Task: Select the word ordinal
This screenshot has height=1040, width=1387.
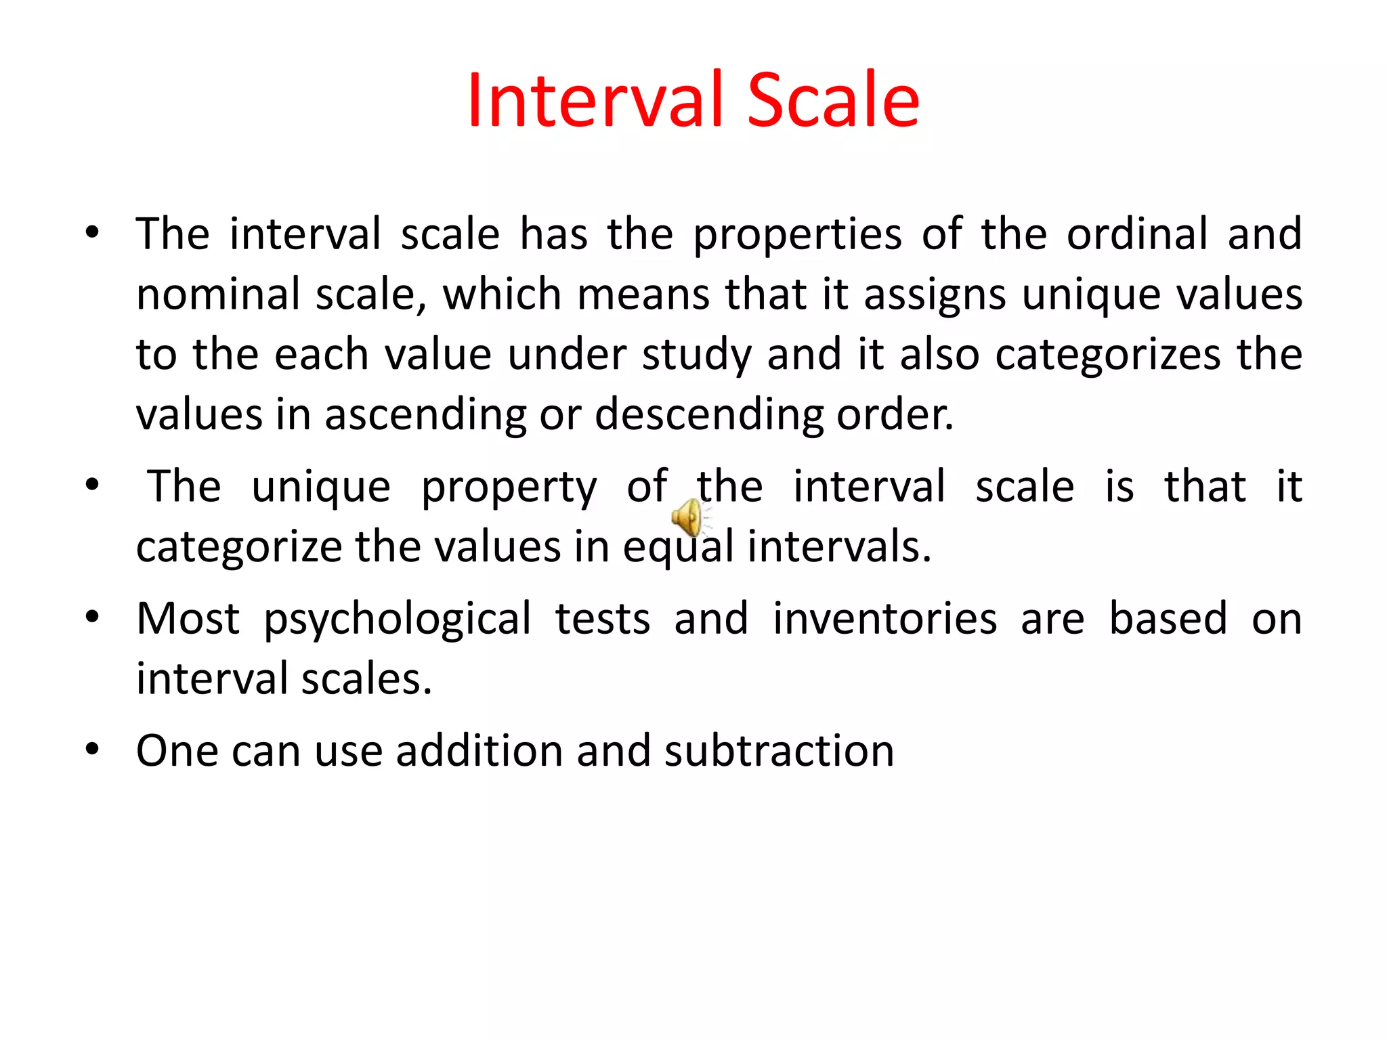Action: pos(1137,234)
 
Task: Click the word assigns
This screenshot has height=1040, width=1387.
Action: pos(935,295)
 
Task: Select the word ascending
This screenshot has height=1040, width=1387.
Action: pos(425,414)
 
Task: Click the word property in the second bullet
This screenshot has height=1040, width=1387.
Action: pos(509,487)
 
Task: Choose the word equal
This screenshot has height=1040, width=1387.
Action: pos(678,547)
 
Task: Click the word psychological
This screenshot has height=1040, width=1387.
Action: pos(398,620)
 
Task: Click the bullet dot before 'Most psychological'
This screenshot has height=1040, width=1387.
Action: pos(93,617)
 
